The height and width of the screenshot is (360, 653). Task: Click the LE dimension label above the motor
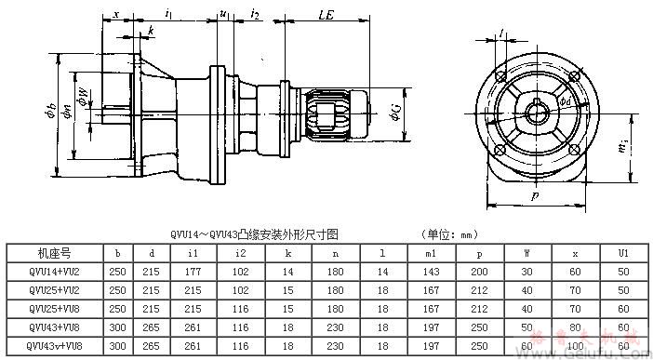coord(326,16)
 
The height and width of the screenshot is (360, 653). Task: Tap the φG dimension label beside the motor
coord(396,115)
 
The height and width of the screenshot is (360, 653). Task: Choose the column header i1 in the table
coord(192,252)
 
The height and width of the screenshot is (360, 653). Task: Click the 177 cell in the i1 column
coord(192,271)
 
